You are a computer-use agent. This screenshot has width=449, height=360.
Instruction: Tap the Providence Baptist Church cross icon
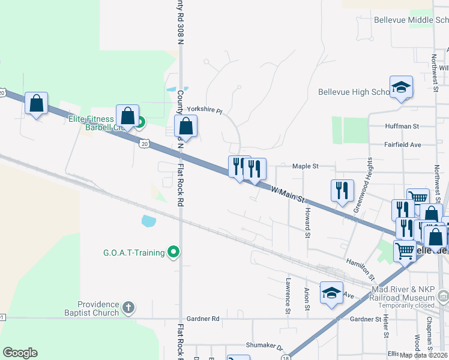[127, 308]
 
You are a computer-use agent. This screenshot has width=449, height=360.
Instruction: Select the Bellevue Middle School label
[411, 20]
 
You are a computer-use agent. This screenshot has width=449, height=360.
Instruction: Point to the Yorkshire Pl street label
[204, 110]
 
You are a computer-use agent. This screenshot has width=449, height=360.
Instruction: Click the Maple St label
[305, 166]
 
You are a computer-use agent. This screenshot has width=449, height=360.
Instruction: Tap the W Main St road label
[289, 193]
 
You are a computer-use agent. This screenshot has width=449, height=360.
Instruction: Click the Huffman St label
[402, 127]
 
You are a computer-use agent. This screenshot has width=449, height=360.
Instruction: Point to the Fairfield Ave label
[403, 145]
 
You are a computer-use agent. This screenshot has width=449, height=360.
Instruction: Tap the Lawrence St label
[288, 295]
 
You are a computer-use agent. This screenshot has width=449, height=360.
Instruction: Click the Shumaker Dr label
[264, 345]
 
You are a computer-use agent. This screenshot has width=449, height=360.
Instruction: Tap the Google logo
[20, 353]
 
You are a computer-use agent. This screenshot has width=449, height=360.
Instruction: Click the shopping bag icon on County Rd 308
[186, 126]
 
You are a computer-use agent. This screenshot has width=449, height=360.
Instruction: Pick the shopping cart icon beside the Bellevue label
[405, 250]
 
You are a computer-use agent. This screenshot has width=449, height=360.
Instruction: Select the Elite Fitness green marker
[139, 124]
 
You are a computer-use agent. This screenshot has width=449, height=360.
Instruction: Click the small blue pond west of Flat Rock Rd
[148, 221]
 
